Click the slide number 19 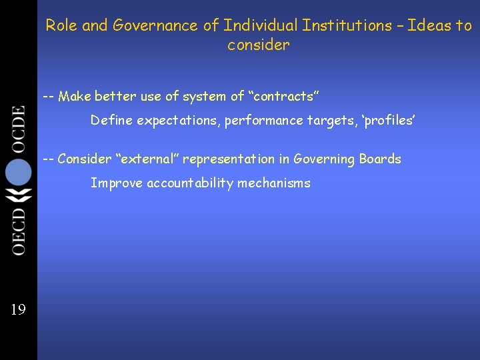(x=17, y=309)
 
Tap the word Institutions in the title (x=347, y=26)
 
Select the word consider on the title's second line (x=259, y=45)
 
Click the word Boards (x=380, y=159)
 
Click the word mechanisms (x=275, y=183)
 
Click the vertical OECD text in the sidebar (x=18, y=231)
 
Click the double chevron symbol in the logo (x=18, y=197)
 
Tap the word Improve (x=114, y=183)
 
